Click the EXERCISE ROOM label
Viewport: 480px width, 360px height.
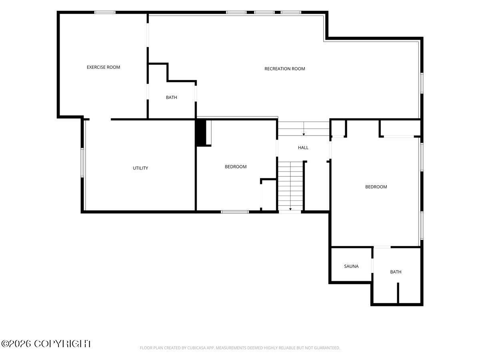[103, 67]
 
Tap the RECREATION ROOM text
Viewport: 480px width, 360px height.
[284, 69]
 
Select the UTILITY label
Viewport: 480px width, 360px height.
[140, 168]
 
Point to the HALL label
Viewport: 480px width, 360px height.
[303, 148]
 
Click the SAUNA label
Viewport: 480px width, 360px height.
[351, 266]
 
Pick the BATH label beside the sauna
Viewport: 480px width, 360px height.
[396, 272]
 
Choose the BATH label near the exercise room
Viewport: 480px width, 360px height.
[172, 97]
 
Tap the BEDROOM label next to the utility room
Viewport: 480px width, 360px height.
[236, 166]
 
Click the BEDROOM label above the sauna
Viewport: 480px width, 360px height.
[376, 187]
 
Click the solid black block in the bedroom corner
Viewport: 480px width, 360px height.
[201, 132]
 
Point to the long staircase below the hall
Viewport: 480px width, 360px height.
[290, 186]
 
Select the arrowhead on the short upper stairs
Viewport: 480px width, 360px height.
[304, 134]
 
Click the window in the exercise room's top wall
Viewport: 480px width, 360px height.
[105, 12]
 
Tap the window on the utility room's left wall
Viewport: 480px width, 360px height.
[82, 163]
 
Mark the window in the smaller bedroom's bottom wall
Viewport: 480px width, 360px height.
[235, 212]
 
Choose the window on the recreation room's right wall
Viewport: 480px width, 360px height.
[422, 83]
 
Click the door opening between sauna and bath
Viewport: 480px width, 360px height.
[372, 266]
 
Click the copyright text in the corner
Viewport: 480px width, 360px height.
[46, 344]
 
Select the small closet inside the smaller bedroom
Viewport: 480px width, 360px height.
[269, 195]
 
